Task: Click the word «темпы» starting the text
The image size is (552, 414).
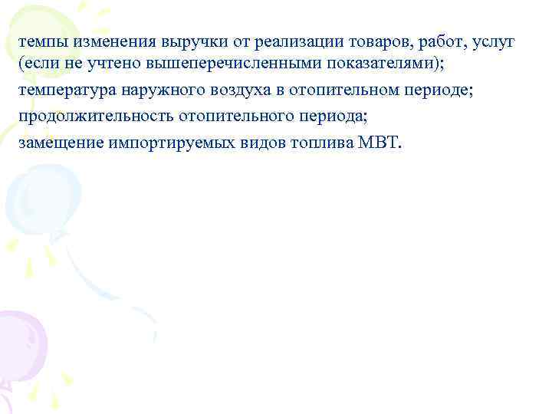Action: point(41,41)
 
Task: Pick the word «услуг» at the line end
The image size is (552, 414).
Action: point(492,41)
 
